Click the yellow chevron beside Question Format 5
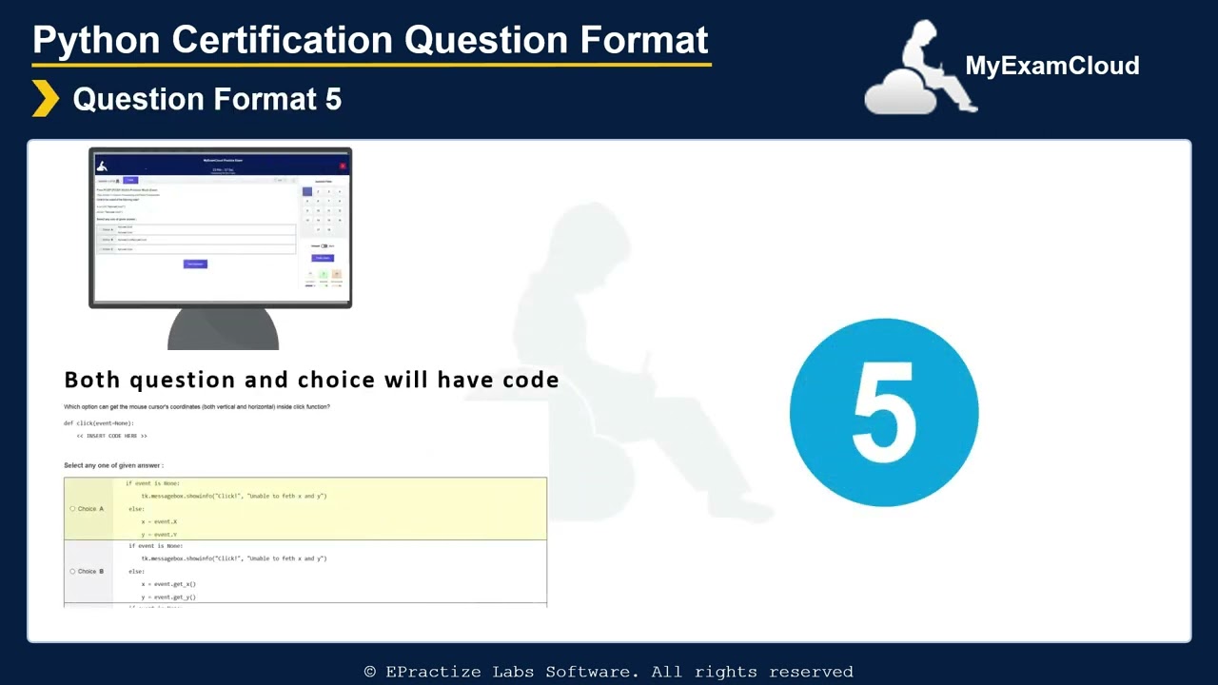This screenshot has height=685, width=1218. (45, 99)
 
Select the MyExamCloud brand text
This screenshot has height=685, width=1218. (1051, 66)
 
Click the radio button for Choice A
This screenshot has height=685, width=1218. (72, 509)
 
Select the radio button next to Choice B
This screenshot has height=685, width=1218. (72, 572)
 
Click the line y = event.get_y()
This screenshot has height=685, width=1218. (168, 597)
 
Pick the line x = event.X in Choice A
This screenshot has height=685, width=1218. (159, 521)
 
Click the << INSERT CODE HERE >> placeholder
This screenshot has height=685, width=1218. (111, 436)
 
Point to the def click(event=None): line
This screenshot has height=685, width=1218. (99, 422)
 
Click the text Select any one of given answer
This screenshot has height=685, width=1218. (113, 465)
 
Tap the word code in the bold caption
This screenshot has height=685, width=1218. (530, 380)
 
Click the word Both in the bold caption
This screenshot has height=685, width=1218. (93, 380)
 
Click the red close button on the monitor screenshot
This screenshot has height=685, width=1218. (343, 166)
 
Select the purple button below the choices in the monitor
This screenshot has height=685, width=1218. (195, 264)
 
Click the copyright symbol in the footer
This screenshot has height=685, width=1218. (370, 672)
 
